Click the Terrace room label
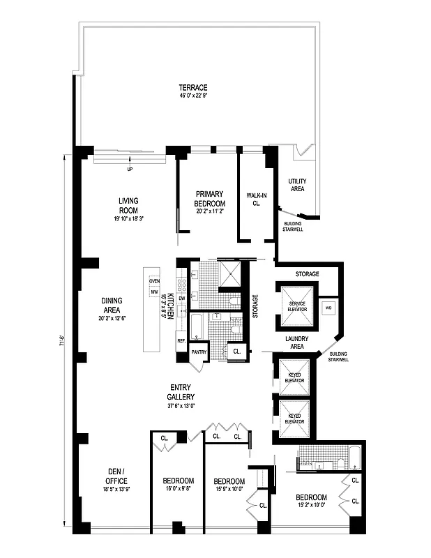[192, 87]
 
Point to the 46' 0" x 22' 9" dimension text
[192, 96]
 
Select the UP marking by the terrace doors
[129, 169]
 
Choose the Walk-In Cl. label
[253, 199]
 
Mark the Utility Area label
[297, 185]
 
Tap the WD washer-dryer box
[328, 308]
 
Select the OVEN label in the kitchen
[154, 281]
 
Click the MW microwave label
[154, 292]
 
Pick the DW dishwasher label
[181, 299]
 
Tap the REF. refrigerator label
[181, 341]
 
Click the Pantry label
[199, 352]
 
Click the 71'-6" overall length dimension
[63, 342]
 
